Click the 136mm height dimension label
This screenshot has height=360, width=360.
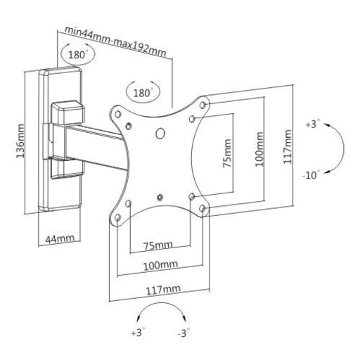[20, 141]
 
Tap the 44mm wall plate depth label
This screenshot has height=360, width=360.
[60, 239]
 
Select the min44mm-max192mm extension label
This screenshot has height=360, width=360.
[115, 41]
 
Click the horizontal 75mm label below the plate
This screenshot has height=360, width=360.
[158, 245]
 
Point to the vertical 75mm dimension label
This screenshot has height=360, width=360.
[227, 153]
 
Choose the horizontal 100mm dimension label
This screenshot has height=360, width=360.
[160, 265]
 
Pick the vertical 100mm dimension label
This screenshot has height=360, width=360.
[259, 149]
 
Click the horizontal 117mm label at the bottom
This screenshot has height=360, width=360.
[163, 290]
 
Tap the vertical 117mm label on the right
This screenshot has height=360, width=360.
[288, 147]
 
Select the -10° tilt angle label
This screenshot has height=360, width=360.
[311, 175]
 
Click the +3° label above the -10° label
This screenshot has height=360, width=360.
[313, 124]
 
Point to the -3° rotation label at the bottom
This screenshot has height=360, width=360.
[184, 333]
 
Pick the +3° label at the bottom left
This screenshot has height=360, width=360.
[138, 333]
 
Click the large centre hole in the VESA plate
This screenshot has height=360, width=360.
[160, 134]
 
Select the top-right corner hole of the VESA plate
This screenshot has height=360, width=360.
[202, 105]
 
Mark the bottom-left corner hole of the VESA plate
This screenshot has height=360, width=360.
[118, 218]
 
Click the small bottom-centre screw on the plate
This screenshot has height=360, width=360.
[160, 198]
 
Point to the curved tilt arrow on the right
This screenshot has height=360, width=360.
[343, 148]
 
